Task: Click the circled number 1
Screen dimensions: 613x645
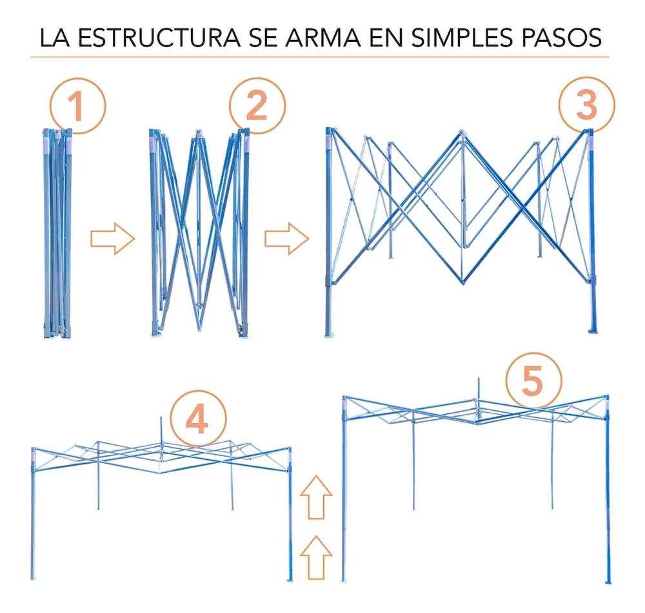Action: pos(77,107)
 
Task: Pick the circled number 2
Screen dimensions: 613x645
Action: pos(257,107)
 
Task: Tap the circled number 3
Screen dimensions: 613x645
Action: pos(586,106)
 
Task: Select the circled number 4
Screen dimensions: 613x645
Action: pos(198,421)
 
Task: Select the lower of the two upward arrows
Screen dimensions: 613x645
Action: pos(316,556)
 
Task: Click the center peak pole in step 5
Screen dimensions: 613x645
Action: pos(478,390)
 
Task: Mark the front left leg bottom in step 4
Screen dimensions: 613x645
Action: pos(33,575)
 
